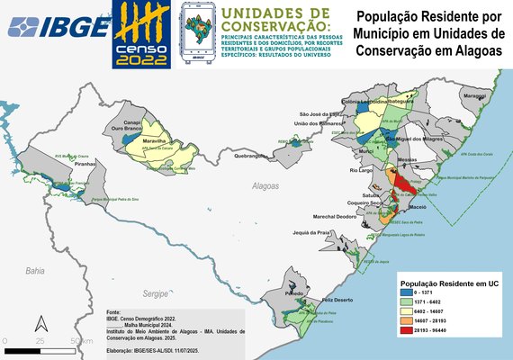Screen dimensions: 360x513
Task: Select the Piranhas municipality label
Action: click(x=85, y=165)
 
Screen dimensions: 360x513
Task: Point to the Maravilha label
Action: click(x=156, y=142)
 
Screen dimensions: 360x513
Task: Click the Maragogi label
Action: click(x=474, y=95)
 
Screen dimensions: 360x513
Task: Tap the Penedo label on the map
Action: click(x=293, y=293)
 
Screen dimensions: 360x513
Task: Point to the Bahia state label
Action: click(x=35, y=270)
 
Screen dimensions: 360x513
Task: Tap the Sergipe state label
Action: click(x=156, y=293)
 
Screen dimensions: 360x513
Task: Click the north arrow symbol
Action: click(x=40, y=321)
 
